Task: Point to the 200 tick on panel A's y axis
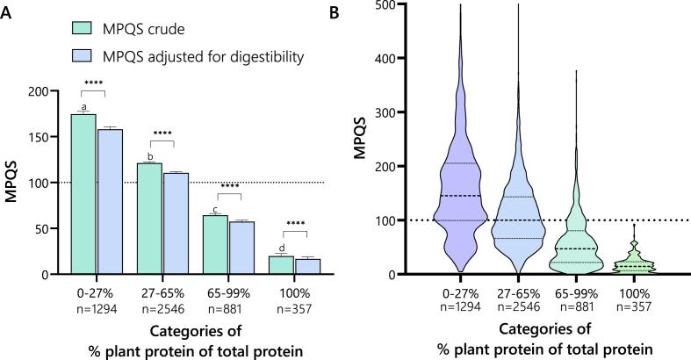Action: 52,91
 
